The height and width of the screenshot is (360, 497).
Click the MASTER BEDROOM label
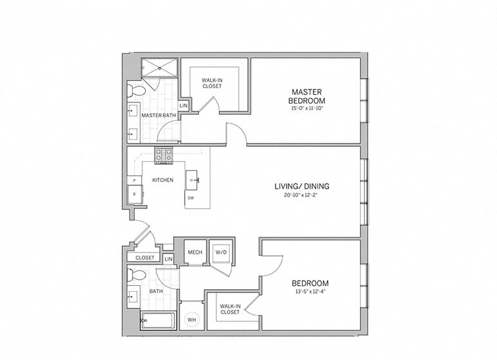(308, 97)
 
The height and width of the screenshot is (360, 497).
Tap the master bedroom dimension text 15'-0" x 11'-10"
(308, 109)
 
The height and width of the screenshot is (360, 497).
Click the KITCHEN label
(162, 180)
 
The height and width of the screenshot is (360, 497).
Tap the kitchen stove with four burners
(163, 154)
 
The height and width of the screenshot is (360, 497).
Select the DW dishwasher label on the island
(191, 198)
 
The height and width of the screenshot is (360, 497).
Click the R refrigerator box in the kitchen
(135, 194)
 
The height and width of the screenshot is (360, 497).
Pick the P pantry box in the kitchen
(135, 181)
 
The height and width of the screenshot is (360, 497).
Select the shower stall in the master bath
(159, 66)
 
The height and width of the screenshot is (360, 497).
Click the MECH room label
(194, 252)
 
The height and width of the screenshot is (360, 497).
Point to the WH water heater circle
(192, 319)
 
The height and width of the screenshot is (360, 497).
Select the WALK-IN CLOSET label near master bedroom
(212, 84)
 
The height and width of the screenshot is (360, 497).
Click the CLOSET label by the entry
(145, 258)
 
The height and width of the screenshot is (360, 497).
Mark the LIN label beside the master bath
(183, 105)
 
